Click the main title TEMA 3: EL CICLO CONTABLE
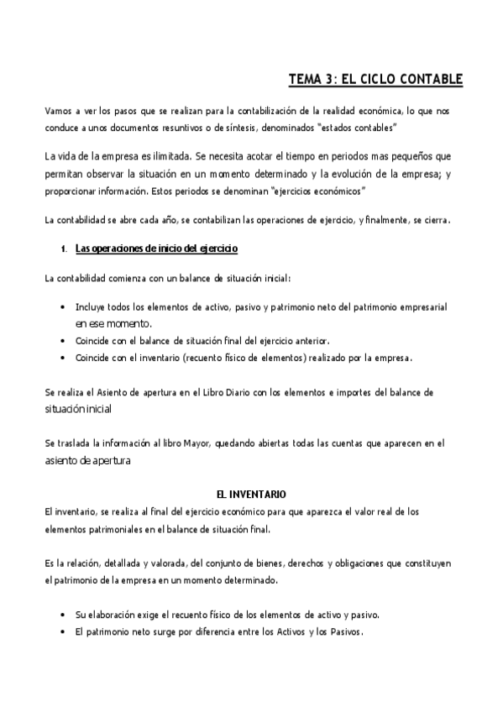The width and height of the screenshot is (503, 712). coord(375,80)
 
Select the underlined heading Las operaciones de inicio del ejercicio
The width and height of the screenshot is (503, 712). coord(157,249)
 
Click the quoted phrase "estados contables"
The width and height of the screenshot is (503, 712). coord(359,128)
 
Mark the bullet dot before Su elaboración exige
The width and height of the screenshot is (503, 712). coord(65,615)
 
